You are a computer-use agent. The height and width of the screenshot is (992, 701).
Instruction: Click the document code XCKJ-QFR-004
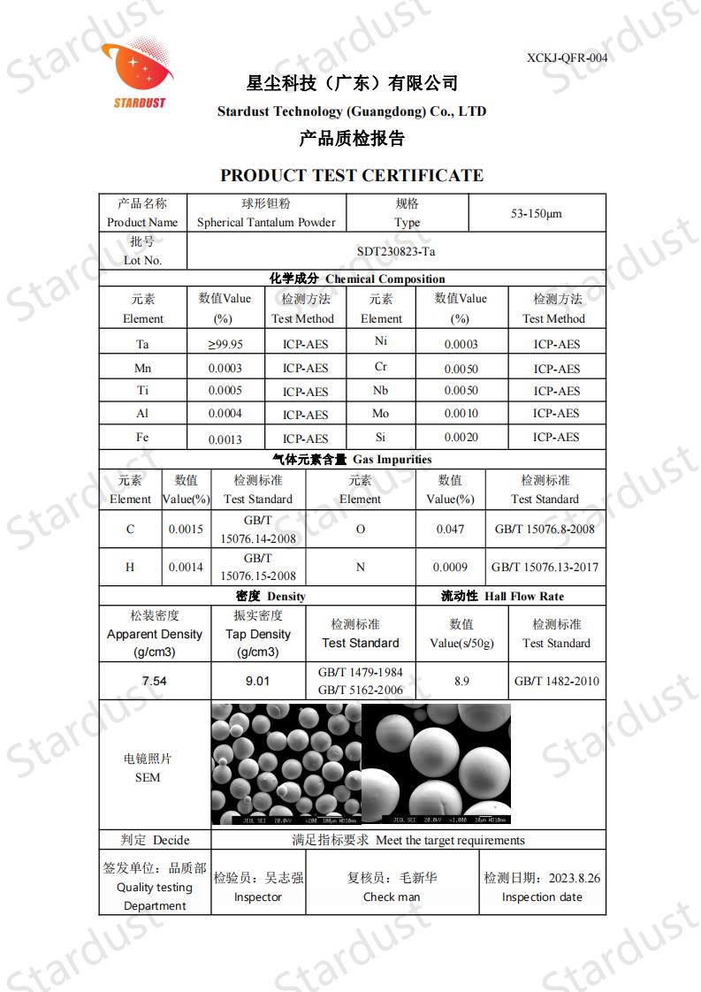pyautogui.click(x=567, y=58)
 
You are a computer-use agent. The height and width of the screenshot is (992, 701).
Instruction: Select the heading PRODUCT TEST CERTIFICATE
pyautogui.click(x=352, y=175)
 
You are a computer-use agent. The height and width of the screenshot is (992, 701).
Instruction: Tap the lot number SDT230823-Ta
pyautogui.click(x=396, y=251)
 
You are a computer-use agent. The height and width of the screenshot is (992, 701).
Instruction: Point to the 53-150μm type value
pyautogui.click(x=537, y=214)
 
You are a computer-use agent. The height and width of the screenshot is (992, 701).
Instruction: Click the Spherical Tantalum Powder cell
pyautogui.click(x=266, y=223)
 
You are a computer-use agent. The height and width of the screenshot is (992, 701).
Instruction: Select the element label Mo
pyautogui.click(x=381, y=414)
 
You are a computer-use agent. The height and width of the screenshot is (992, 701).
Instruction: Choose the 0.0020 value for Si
pyautogui.click(x=461, y=438)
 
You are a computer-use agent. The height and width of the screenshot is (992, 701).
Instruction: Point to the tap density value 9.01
pyautogui.click(x=257, y=682)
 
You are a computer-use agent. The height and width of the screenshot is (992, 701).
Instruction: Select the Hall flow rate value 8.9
pyautogui.click(x=461, y=681)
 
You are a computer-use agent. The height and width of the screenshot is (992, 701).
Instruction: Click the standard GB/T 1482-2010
pyautogui.click(x=557, y=681)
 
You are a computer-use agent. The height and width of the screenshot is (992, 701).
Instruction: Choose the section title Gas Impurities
pyautogui.click(x=392, y=460)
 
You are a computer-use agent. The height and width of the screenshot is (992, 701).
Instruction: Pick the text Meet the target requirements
pyautogui.click(x=450, y=841)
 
